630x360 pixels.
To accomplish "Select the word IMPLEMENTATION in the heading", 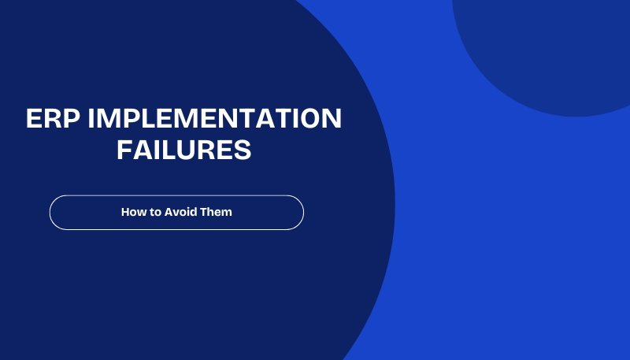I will tap(215, 120).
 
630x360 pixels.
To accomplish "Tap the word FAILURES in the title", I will tap(184, 150).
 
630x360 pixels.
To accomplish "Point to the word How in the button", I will tap(132, 212).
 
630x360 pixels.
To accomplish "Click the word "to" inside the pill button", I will tap(155, 212).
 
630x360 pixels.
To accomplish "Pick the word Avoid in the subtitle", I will tap(181, 212).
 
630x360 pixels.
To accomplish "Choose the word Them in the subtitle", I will tap(217, 212).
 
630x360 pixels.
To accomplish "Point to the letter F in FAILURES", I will tap(124, 150).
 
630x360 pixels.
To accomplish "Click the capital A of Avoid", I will tap(169, 212).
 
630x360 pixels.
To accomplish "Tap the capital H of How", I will tap(125, 212).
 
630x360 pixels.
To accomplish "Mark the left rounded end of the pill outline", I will tap(51, 213).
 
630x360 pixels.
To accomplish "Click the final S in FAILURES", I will tap(243, 150).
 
